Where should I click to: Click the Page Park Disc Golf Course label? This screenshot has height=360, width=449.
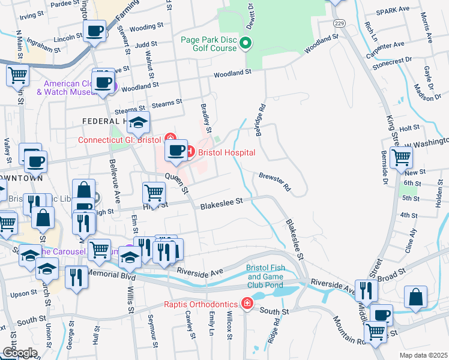[x=209, y=44]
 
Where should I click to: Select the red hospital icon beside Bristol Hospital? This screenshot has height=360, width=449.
[x=190, y=152]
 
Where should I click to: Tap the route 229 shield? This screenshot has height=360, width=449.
[x=340, y=22]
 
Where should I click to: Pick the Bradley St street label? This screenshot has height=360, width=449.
[x=206, y=118]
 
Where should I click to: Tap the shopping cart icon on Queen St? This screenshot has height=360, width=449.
[x=154, y=193]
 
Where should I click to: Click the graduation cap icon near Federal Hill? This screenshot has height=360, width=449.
[x=139, y=123]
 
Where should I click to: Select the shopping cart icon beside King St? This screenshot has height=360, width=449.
[x=401, y=158]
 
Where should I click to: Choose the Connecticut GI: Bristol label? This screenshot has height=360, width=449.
[x=120, y=140]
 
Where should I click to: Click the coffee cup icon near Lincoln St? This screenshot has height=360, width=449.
[x=94, y=31]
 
